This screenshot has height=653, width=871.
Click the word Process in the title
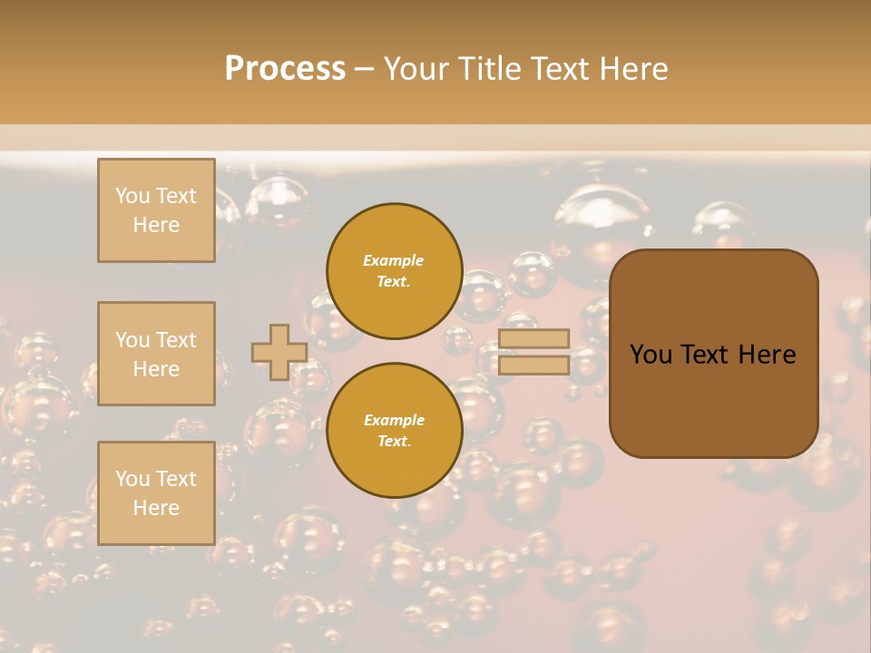click(285, 69)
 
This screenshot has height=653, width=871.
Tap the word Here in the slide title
click(634, 69)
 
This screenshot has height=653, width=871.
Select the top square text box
click(156, 210)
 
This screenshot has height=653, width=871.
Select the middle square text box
click(156, 354)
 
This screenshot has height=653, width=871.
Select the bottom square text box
click(156, 493)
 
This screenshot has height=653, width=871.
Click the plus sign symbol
click(279, 352)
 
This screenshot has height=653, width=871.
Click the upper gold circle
click(395, 271)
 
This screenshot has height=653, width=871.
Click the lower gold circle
click(395, 431)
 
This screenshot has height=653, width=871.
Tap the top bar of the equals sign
click(533, 338)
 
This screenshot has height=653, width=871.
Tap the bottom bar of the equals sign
click(533, 365)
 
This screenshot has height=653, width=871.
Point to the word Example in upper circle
click(393, 260)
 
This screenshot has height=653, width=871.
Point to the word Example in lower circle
click(393, 420)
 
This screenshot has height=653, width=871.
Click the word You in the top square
click(132, 196)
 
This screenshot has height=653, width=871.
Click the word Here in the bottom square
click(156, 508)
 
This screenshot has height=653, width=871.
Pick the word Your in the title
click(416, 69)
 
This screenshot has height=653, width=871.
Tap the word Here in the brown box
click(767, 355)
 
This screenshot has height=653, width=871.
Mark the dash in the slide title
click(364, 69)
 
